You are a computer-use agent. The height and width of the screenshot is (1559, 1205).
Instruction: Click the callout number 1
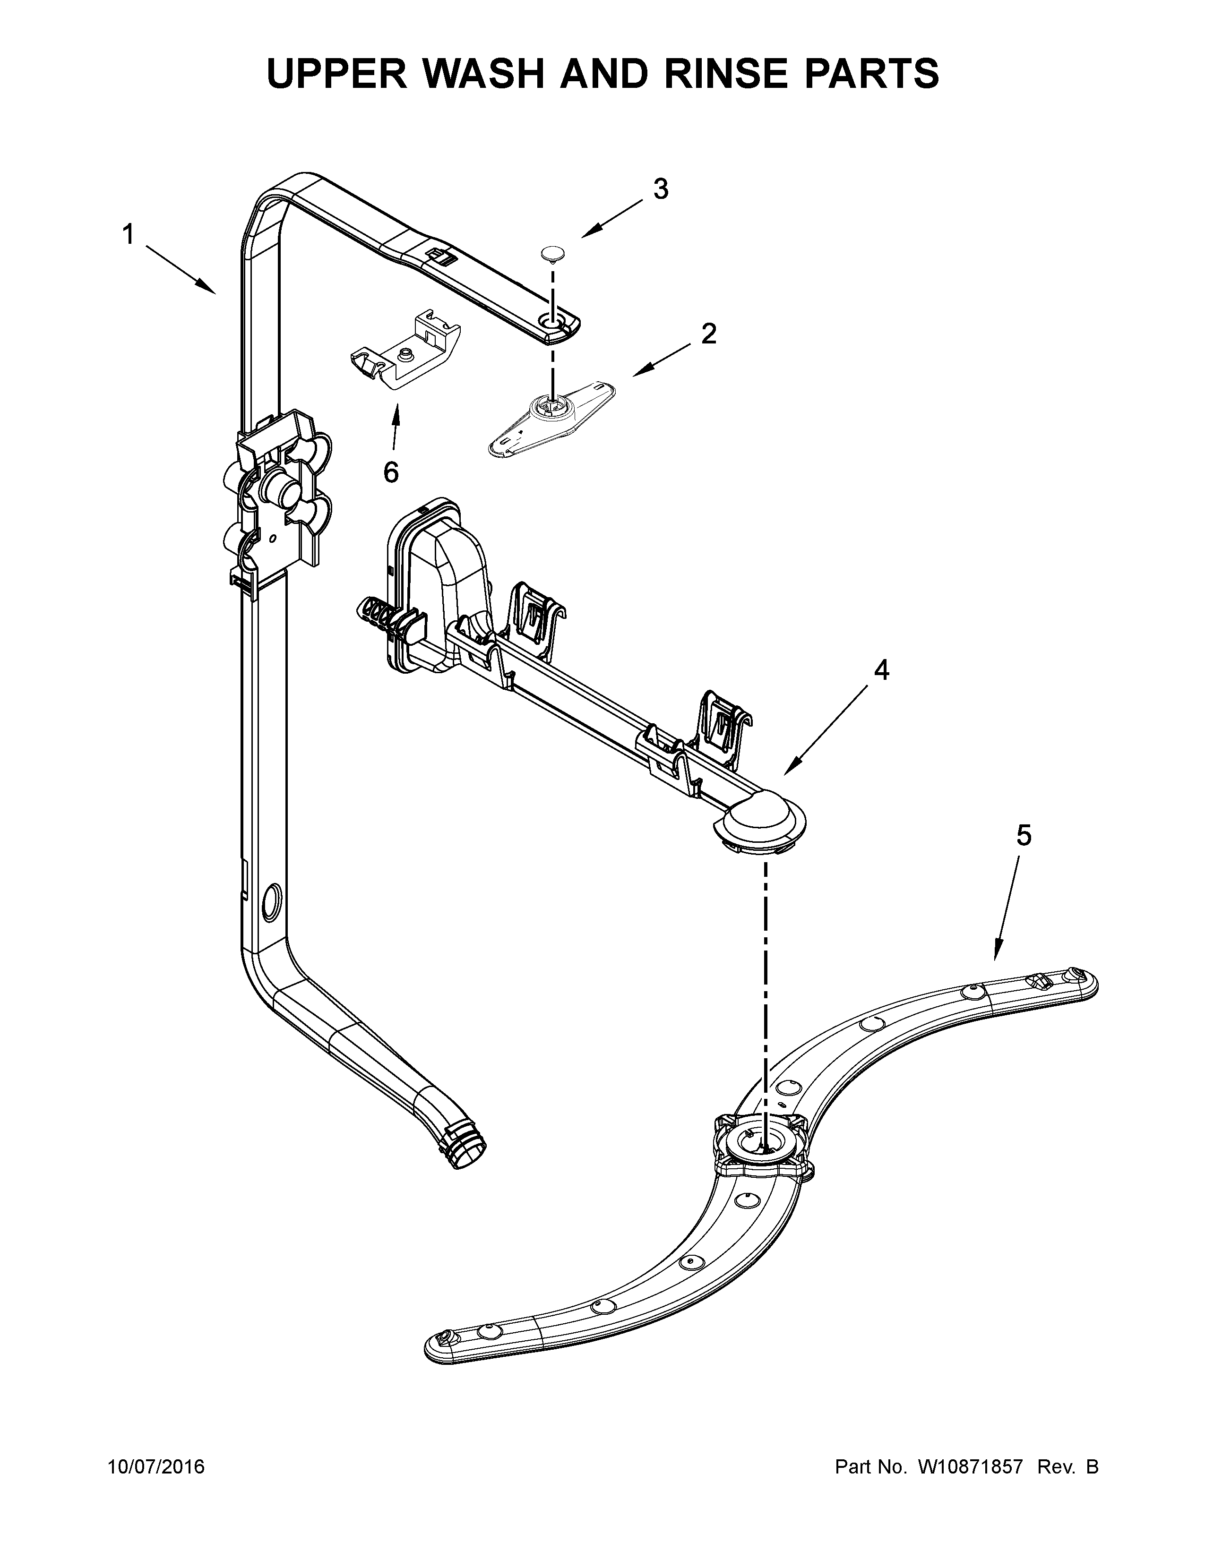[x=129, y=234]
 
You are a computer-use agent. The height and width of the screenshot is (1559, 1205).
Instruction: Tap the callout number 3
[x=661, y=189]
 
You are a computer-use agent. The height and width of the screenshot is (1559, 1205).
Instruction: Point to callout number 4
[x=882, y=669]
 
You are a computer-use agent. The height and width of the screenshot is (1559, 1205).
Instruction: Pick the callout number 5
[x=1024, y=834]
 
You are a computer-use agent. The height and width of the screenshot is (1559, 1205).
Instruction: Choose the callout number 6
[x=391, y=472]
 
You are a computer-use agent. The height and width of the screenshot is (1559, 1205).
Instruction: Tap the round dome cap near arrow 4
[x=761, y=818]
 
